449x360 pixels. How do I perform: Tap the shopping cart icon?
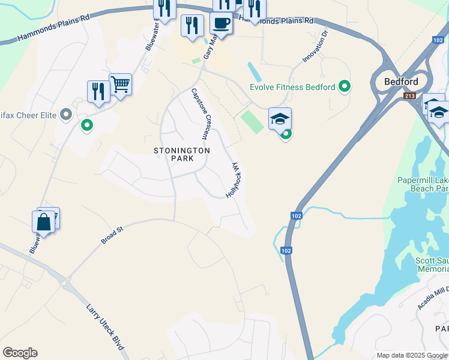click(121, 85)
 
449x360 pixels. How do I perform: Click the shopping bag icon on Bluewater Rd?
click(44, 221)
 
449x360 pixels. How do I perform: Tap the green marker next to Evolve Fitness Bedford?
click(345, 87)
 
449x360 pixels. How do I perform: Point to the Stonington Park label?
click(182, 154)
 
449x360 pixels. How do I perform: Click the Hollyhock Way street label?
click(235, 181)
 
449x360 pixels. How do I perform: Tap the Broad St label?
click(112, 235)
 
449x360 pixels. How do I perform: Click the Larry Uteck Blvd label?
click(105, 328)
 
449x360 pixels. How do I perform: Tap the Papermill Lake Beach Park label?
click(423, 184)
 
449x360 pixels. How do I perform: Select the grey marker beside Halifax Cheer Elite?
click(67, 114)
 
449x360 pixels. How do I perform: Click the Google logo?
click(20, 353)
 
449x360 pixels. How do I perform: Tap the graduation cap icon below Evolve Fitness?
click(280, 119)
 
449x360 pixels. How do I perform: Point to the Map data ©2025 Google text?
click(412, 355)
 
